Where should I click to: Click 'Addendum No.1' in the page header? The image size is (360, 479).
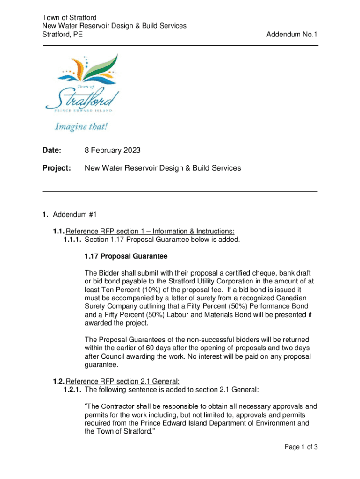(292, 34)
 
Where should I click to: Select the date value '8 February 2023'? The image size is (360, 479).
(112, 151)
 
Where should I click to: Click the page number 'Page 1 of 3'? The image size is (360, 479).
(301, 447)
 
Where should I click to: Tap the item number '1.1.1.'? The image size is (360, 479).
(73, 239)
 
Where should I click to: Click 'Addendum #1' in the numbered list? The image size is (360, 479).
(74, 214)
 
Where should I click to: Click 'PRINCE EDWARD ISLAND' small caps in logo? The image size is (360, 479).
(81, 111)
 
